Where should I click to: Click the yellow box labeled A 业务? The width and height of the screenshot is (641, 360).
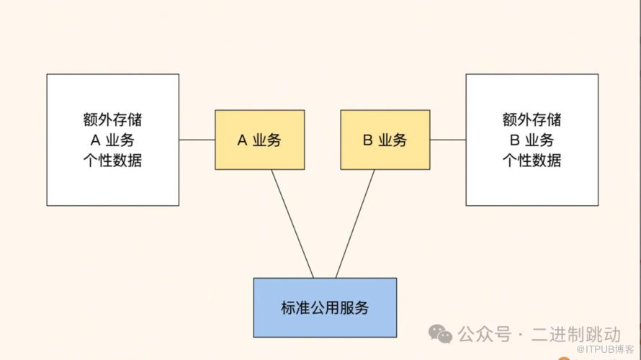click(259, 140)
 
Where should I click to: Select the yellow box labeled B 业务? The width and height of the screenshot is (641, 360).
click(385, 140)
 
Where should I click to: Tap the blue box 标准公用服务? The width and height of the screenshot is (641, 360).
click(324, 307)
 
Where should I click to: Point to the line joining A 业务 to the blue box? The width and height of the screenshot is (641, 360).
click(292, 223)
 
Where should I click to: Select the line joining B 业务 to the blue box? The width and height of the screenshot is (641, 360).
click(356, 223)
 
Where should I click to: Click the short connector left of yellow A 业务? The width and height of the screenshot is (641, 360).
click(197, 140)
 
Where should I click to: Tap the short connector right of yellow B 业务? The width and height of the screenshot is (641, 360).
click(448, 140)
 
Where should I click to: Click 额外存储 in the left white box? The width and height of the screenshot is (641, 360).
click(112, 120)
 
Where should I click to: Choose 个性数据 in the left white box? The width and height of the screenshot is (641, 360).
click(112, 160)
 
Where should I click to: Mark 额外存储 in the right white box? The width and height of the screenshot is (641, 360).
click(532, 120)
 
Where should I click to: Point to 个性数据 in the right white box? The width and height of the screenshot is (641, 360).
click(532, 160)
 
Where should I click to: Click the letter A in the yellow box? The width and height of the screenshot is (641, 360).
click(242, 140)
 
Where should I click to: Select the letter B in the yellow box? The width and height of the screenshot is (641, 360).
click(367, 140)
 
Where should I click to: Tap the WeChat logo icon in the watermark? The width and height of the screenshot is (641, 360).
click(441, 333)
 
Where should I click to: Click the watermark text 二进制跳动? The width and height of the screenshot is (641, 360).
click(576, 334)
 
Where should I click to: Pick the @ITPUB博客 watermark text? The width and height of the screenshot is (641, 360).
click(605, 350)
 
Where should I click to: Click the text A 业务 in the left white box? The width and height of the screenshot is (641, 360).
click(112, 140)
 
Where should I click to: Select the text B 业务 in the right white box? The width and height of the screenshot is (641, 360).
click(532, 140)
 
